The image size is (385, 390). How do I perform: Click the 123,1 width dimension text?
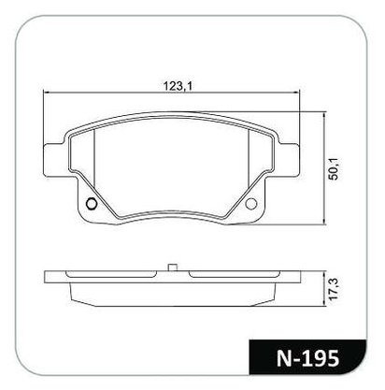click(x=177, y=86)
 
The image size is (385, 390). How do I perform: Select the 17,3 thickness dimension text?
click(x=334, y=289)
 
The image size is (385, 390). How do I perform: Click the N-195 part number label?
click(x=307, y=358)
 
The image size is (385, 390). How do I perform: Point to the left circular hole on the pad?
click(x=92, y=204)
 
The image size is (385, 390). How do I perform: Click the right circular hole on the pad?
click(x=251, y=204)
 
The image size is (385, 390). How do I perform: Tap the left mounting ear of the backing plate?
click(x=54, y=161)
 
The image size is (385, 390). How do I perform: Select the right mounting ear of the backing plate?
click(x=289, y=161)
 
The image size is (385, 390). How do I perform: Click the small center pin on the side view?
click(x=173, y=267)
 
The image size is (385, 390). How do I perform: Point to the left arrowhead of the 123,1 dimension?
click(x=46, y=93)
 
